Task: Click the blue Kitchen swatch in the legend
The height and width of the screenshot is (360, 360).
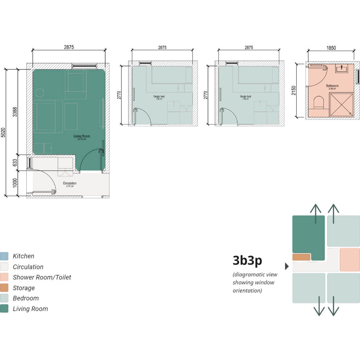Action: [x=4, y=256]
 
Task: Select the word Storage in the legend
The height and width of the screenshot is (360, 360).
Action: [x=24, y=288]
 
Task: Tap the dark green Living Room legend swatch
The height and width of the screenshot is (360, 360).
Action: [x=4, y=309]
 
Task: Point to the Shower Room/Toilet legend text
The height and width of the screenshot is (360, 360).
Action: [x=42, y=277]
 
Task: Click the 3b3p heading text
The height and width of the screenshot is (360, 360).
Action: [x=248, y=260]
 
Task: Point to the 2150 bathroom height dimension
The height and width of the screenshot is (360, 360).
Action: [x=294, y=90]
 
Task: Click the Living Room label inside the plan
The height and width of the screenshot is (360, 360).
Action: [x=82, y=136]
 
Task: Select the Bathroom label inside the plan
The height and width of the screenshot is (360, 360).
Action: [x=332, y=86]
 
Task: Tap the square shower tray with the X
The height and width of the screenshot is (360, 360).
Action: [x=341, y=105]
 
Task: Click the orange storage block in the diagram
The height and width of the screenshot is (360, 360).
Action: [x=301, y=257]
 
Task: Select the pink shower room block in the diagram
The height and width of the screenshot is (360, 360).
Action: [x=350, y=260]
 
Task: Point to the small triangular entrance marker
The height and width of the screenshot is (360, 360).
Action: [x=287, y=266]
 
